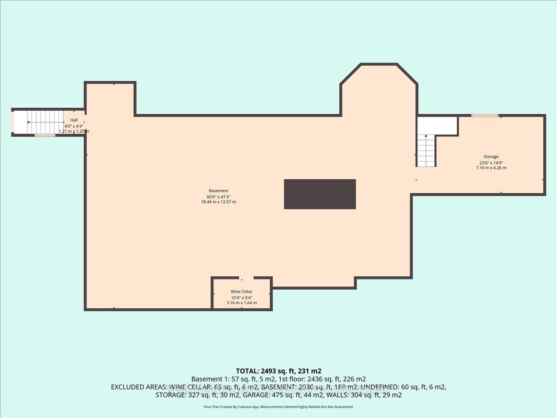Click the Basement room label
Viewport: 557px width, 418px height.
pos(218,191)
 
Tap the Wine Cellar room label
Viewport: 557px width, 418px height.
pos(241,292)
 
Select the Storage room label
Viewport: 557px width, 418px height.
pos(489,157)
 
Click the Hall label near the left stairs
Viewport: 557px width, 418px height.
pos(74,120)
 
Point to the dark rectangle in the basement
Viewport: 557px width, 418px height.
pos(320,194)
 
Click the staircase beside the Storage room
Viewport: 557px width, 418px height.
pos(426,150)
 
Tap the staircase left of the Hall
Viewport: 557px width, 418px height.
pos(45,122)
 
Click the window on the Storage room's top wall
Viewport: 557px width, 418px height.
pos(485,115)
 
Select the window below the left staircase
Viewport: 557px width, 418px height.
pos(45,135)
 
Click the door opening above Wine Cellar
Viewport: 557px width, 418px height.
pos(246,278)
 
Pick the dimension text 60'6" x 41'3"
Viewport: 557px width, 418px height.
pos(218,196)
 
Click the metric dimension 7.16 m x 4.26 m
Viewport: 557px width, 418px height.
pos(491,168)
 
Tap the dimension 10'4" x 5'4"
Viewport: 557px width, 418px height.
pos(241,297)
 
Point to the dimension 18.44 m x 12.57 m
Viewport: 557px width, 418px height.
pos(218,202)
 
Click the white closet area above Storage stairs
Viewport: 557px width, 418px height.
pos(437,125)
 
